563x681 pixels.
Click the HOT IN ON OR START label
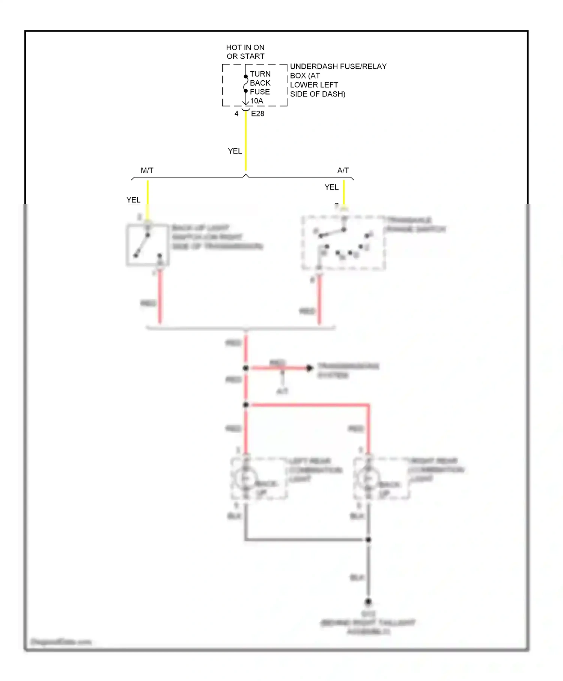[x=245, y=52]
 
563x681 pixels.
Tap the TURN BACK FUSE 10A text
[x=260, y=87]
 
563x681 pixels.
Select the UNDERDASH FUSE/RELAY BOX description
[x=338, y=80]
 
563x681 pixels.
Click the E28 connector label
[x=257, y=113]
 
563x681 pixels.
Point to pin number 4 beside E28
[x=236, y=113]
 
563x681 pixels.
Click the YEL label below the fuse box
[x=235, y=151]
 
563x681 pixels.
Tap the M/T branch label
[x=147, y=170]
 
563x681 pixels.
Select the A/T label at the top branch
[x=343, y=170]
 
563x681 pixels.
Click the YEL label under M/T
[x=133, y=200]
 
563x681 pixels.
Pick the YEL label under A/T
[x=331, y=187]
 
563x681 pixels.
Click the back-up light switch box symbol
[x=147, y=245]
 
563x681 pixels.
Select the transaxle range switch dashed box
[x=343, y=243]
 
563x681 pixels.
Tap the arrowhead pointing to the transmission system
[x=309, y=368]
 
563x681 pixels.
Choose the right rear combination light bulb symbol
[x=368, y=478]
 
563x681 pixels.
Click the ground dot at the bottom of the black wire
[x=368, y=601]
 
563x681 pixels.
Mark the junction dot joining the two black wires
[x=368, y=539]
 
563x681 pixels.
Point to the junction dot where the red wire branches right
[x=246, y=405]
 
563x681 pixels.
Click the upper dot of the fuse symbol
[x=246, y=77]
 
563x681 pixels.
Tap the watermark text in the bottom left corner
[x=61, y=642]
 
